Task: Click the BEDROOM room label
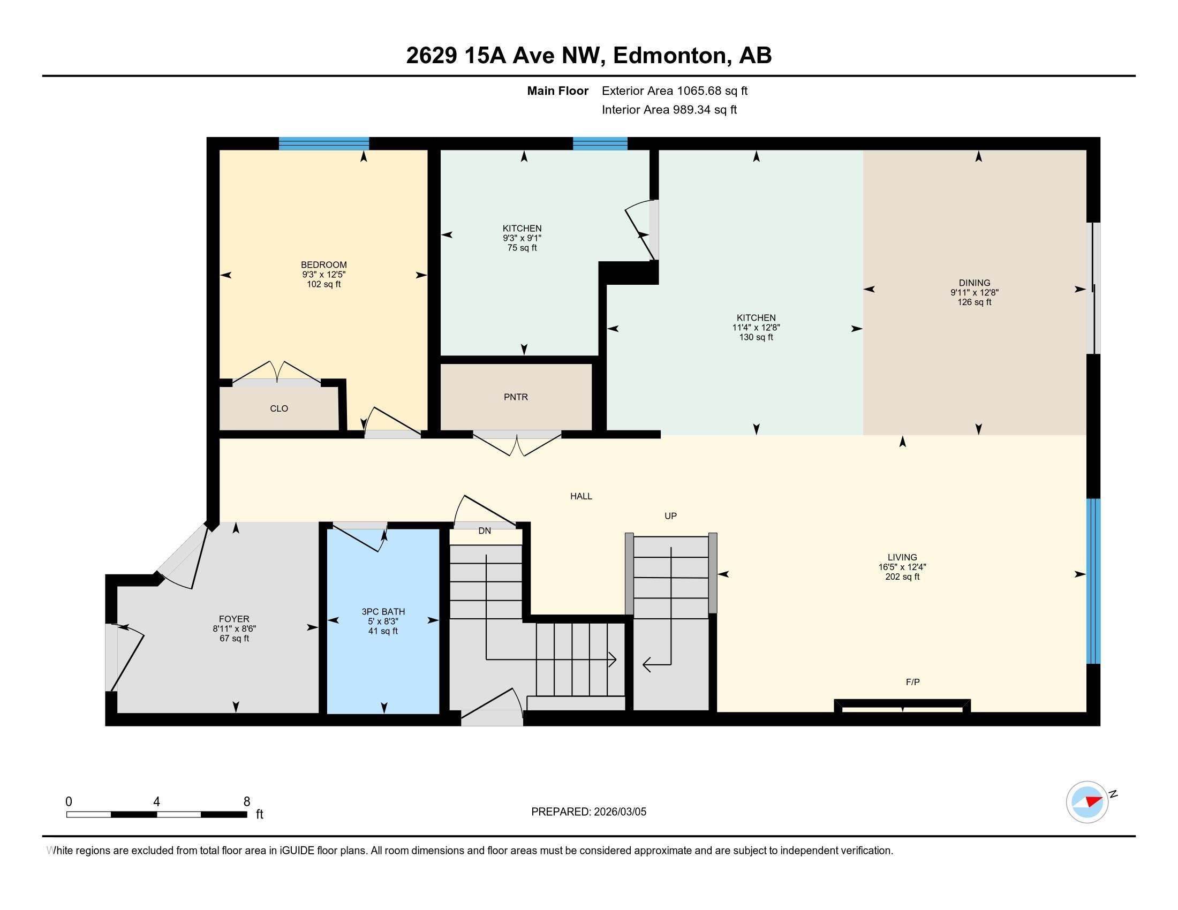click(x=323, y=264)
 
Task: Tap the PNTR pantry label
click(x=516, y=397)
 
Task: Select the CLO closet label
click(x=279, y=408)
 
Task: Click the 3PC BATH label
click(x=383, y=611)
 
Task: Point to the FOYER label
click(x=234, y=619)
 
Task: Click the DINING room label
click(x=974, y=283)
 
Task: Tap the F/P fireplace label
click(x=912, y=682)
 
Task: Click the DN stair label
click(x=485, y=531)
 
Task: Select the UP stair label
click(x=670, y=516)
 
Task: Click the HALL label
click(x=581, y=496)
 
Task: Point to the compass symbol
click(x=1087, y=802)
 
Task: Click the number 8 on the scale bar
click(x=247, y=802)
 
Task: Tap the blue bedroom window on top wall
click(x=323, y=143)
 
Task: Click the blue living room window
click(x=1093, y=581)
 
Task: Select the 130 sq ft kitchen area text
click(x=756, y=337)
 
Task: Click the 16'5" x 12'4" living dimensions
click(x=902, y=567)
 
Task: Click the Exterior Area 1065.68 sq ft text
click(x=674, y=90)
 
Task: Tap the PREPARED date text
click(x=588, y=812)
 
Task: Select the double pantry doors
click(x=517, y=444)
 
